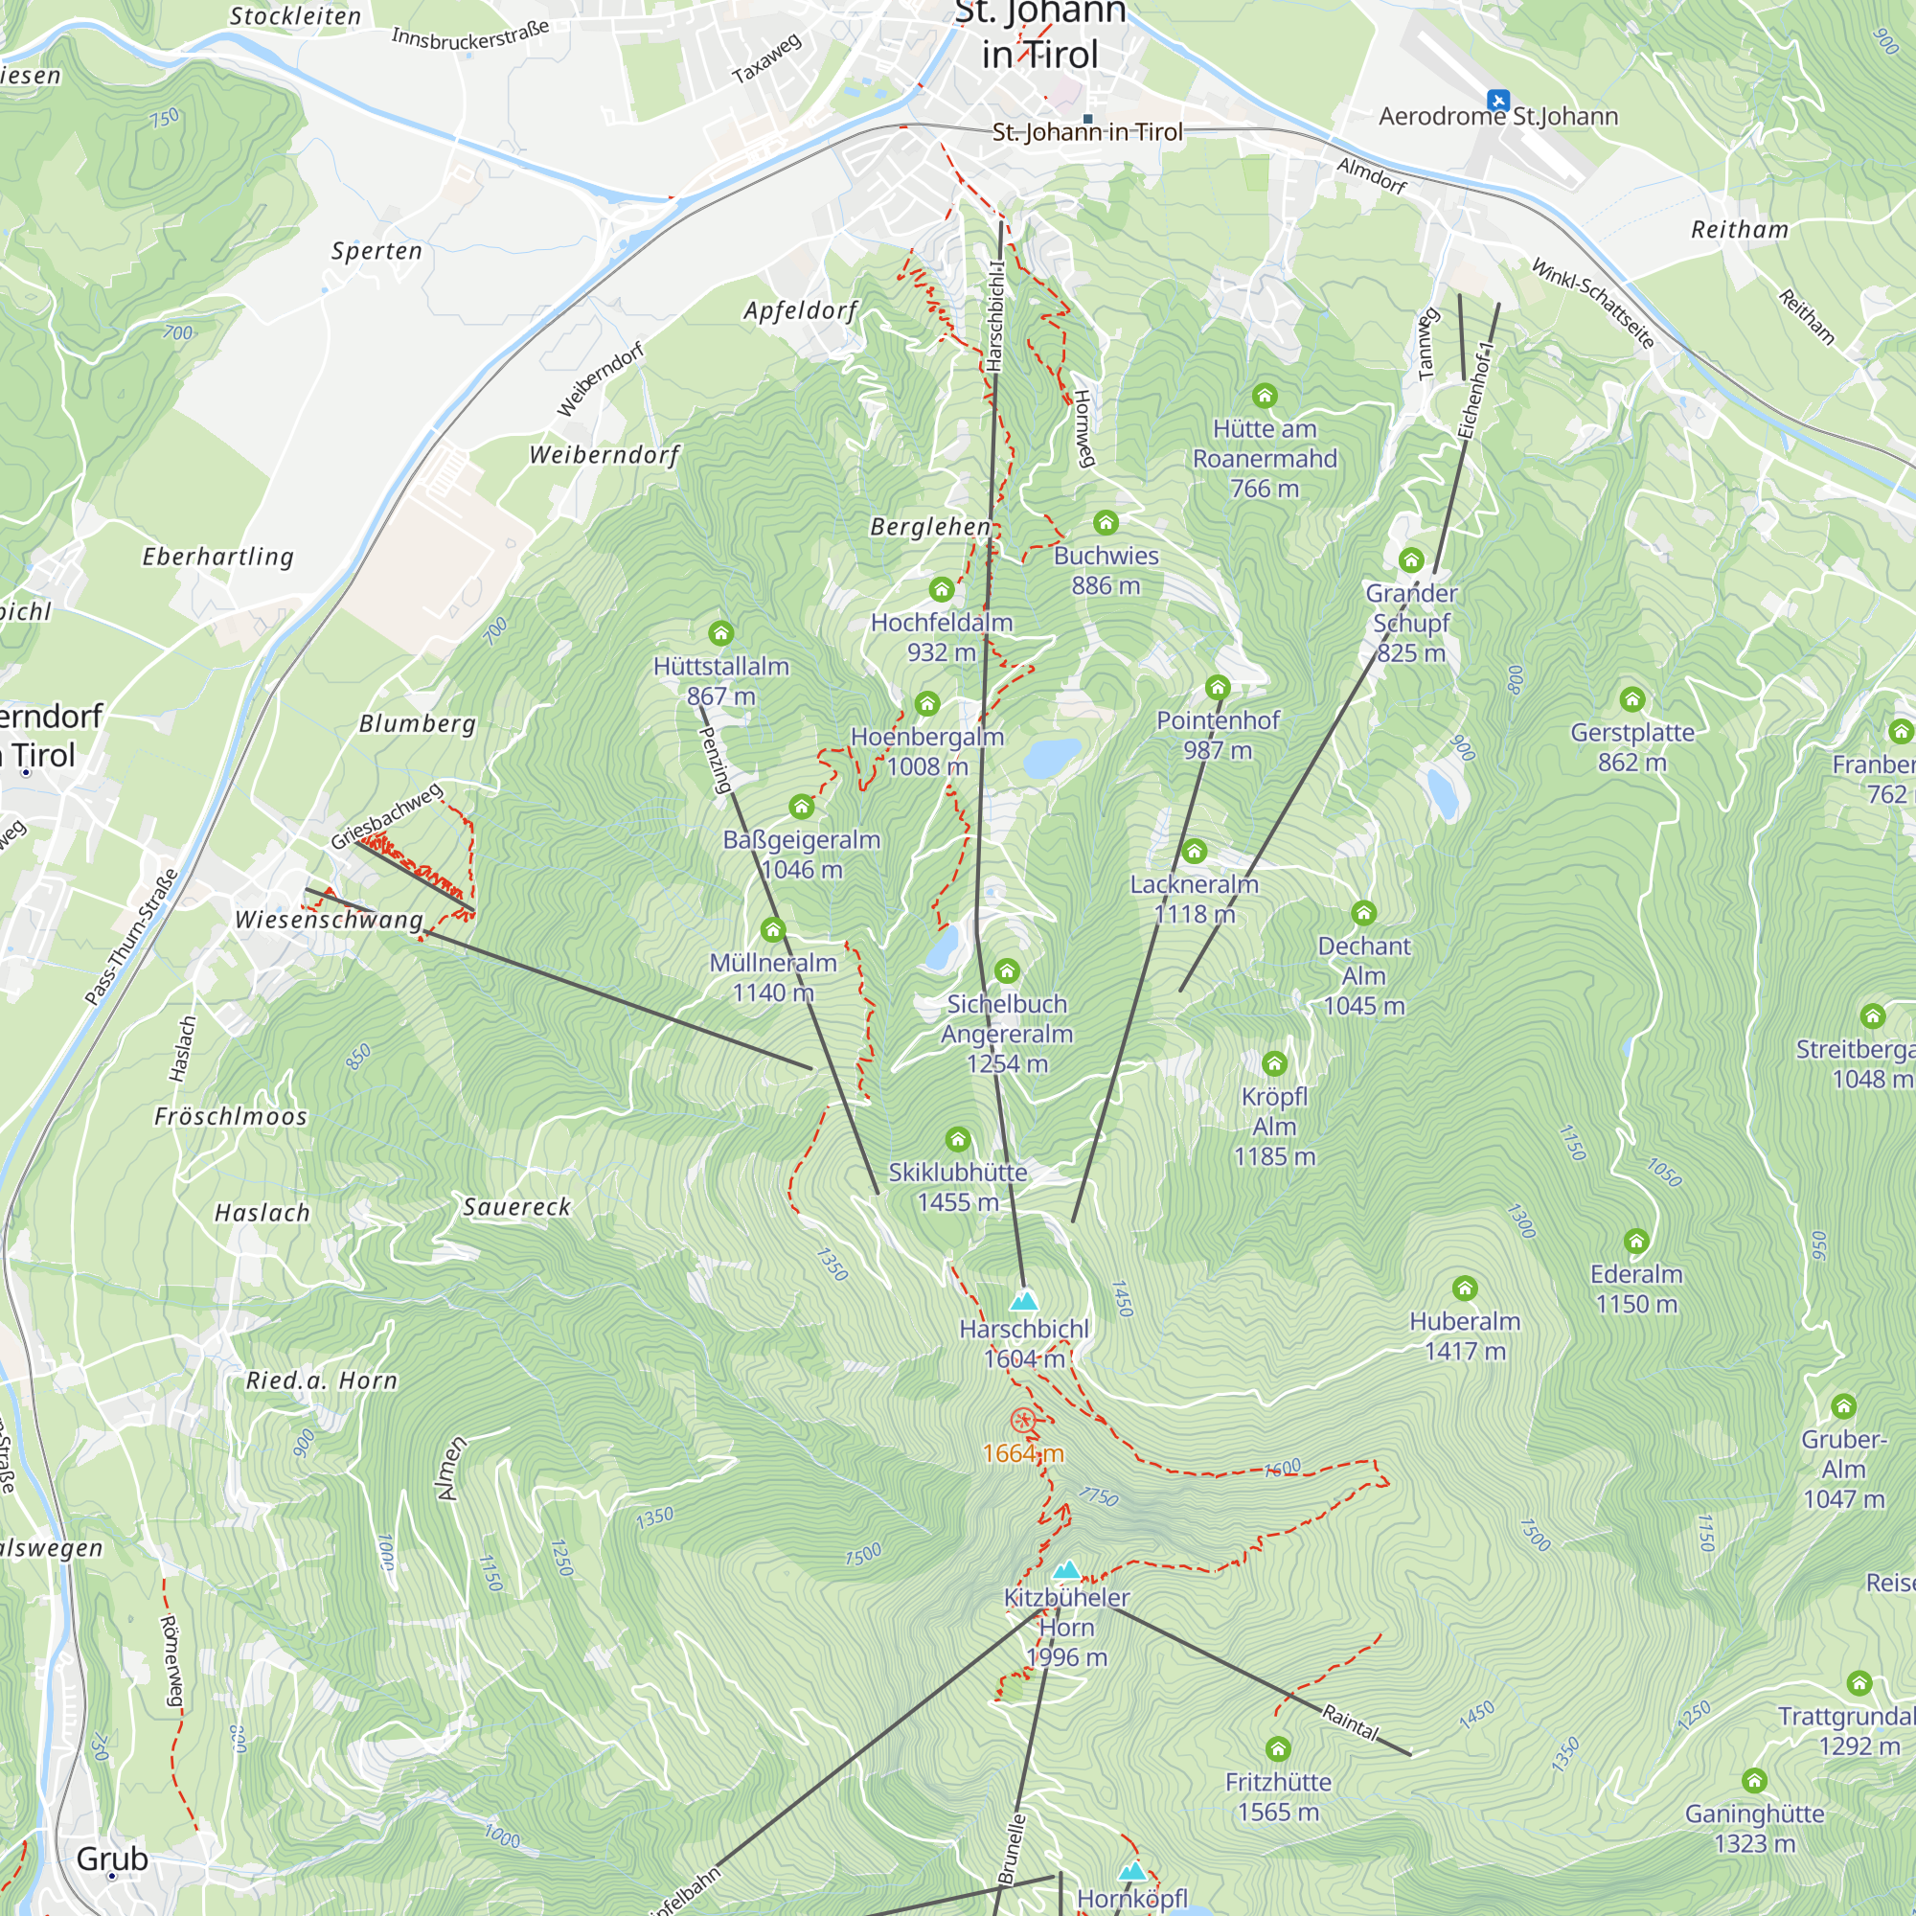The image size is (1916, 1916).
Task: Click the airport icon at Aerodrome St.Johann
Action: pyautogui.click(x=1497, y=101)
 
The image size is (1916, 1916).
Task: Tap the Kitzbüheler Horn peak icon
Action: pyautogui.click(x=1066, y=1569)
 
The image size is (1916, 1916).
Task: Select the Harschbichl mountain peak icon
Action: pyautogui.click(x=1023, y=1300)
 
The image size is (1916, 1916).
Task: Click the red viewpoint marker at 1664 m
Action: pyautogui.click(x=1022, y=1420)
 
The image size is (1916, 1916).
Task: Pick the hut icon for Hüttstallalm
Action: pyautogui.click(x=721, y=632)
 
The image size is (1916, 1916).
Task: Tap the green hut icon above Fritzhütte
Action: pyautogui.click(x=1278, y=1748)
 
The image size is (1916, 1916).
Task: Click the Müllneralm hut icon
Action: pyautogui.click(x=772, y=929)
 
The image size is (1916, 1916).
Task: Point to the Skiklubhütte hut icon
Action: pyautogui.click(x=957, y=1138)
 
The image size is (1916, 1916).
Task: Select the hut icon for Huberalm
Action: pyautogui.click(x=1465, y=1289)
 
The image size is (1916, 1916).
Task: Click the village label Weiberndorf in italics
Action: pyautogui.click(x=604, y=455)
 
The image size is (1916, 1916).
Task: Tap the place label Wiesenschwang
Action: pyautogui.click(x=329, y=920)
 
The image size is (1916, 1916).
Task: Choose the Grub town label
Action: pyautogui.click(x=112, y=1859)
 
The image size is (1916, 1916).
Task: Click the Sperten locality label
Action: pyautogui.click(x=376, y=251)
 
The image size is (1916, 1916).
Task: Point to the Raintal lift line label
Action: pyautogui.click(x=1350, y=1722)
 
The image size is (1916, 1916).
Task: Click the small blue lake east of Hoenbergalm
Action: pyautogui.click(x=1051, y=758)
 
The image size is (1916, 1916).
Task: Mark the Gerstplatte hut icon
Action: pyautogui.click(x=1632, y=699)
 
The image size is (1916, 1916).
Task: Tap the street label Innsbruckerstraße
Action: pyautogui.click(x=470, y=35)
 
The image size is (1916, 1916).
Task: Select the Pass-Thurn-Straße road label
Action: pyautogui.click(x=132, y=936)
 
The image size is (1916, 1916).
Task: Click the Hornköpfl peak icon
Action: pyautogui.click(x=1132, y=1871)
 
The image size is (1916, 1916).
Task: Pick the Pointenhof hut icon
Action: pyautogui.click(x=1218, y=687)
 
